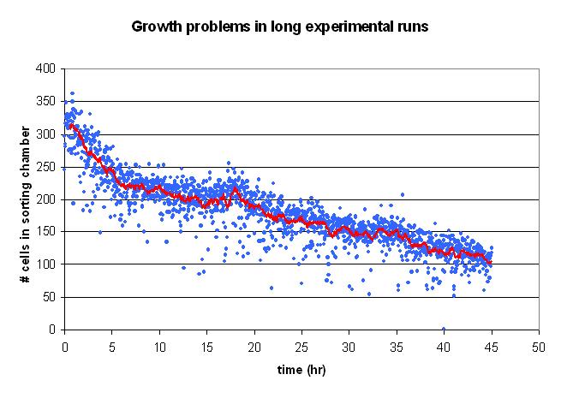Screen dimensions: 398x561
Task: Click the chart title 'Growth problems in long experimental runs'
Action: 279,27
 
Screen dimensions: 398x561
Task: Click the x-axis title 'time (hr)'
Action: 301,370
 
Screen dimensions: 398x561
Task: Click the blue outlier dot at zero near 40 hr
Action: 444,329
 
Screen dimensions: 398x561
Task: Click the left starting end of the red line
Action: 69,126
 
